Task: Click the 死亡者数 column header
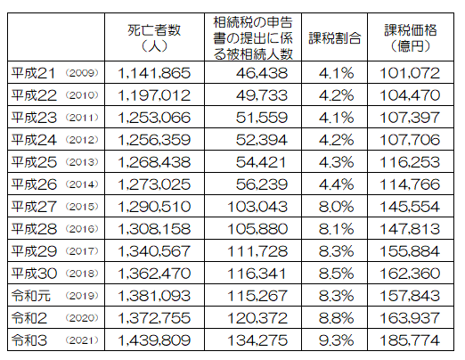(154, 38)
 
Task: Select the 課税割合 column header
(335, 38)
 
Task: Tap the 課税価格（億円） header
(411, 38)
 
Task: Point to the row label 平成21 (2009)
(55, 73)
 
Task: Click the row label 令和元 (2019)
(55, 296)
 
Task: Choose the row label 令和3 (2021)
(55, 340)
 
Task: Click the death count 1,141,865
(154, 73)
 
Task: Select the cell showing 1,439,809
(154, 340)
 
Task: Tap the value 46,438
(262, 73)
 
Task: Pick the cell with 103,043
(257, 207)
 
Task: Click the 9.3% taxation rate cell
(336, 340)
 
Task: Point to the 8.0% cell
(336, 207)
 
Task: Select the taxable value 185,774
(410, 340)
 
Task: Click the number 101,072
(410, 73)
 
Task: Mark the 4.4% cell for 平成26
(336, 184)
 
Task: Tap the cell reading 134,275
(257, 340)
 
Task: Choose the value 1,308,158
(154, 229)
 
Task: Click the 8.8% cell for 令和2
(336, 318)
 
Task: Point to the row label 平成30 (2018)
(55, 274)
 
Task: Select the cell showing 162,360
(410, 274)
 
